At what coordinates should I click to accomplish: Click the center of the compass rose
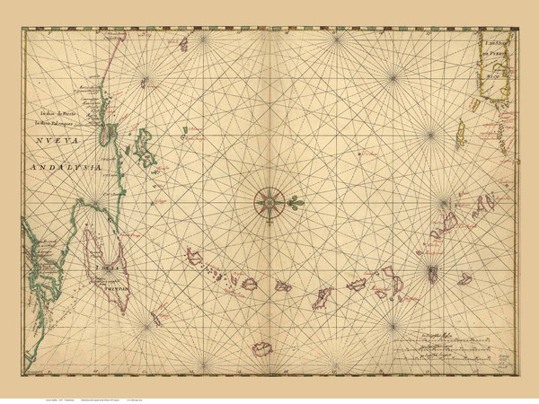pos(269,202)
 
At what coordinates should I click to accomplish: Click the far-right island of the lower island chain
pos(464,279)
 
